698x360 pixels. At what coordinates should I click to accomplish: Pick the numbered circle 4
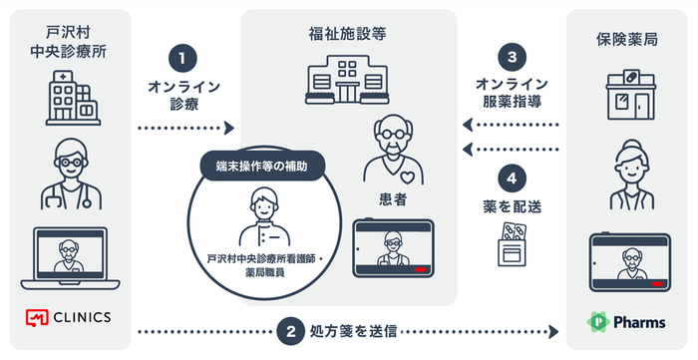click(x=512, y=180)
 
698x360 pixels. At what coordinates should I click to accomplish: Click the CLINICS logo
click(x=68, y=317)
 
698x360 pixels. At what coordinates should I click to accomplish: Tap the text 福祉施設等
click(x=348, y=34)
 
